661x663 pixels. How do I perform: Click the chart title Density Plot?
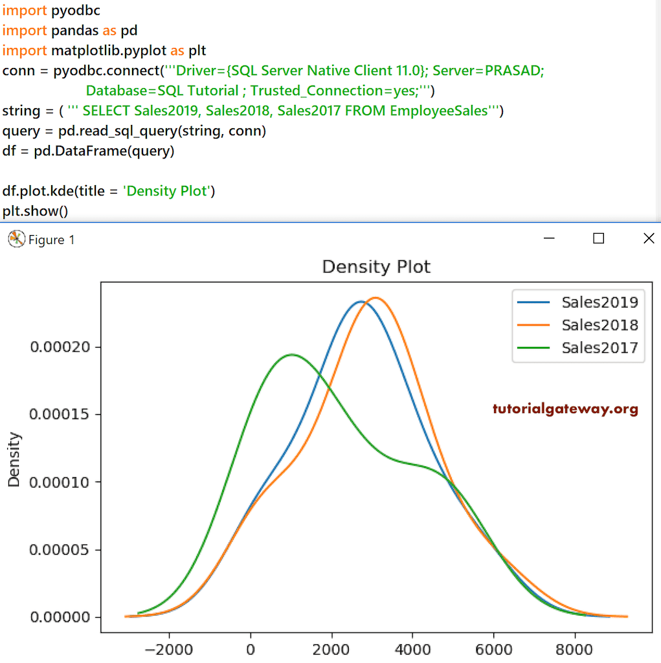[376, 266]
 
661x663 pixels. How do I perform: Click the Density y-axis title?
[14, 459]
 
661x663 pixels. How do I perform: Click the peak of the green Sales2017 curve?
[292, 354]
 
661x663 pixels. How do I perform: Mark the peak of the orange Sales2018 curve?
[375, 298]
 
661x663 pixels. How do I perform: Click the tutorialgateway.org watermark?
[565, 409]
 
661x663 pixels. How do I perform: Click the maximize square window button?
[599, 239]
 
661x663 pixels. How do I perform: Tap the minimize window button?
[550, 239]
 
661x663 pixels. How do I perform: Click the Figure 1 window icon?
[16, 240]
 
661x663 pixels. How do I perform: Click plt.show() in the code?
[35, 211]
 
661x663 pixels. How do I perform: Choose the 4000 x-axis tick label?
[413, 649]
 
